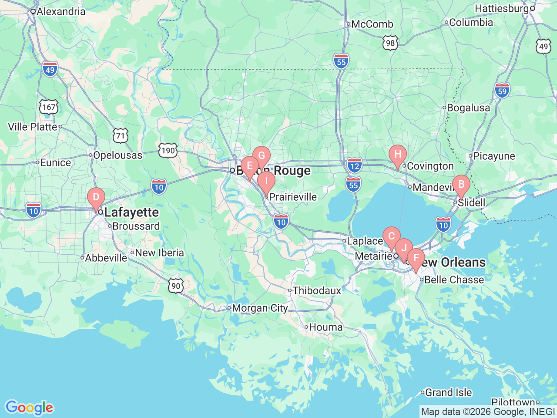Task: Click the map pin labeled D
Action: pos(96,198)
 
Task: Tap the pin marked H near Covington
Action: pos(398,155)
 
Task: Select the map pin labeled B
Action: pos(461,185)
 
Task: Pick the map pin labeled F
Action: pos(416,258)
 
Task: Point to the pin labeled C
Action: pos(391,237)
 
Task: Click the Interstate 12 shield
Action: pos(355,165)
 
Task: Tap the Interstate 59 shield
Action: pos(502,91)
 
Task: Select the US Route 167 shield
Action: pos(48,107)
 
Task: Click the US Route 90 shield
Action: pos(176,286)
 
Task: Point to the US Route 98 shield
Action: pos(390,43)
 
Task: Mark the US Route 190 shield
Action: pos(168,151)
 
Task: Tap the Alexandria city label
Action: pos(60,11)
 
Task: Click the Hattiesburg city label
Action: pos(501,8)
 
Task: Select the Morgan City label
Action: pos(260,308)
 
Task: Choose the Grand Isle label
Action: pos(448,392)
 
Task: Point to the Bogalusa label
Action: pos(468,108)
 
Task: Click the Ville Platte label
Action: pos(33,127)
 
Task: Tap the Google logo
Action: pos(29,408)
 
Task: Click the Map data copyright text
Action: pos(488,411)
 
